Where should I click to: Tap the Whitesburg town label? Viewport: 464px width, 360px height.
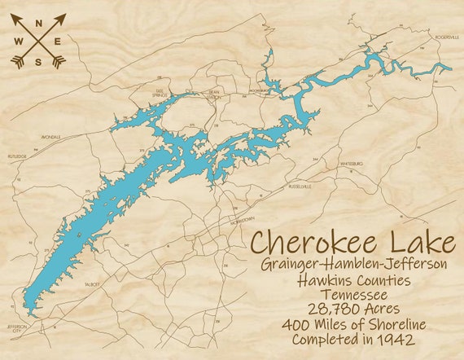[352, 164]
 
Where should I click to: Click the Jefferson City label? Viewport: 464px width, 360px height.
[17, 327]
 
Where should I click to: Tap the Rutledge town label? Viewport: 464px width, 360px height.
[18, 154]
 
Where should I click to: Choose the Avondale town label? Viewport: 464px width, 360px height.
[50, 138]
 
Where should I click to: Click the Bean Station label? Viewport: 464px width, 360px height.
[216, 93]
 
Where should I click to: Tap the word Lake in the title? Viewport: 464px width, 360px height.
[418, 243]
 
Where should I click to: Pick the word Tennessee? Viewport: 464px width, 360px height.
[353, 294]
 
